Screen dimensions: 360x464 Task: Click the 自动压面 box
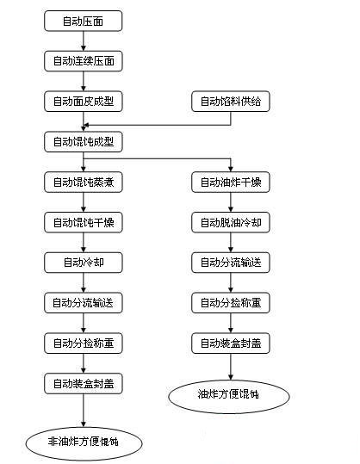pos(84,21)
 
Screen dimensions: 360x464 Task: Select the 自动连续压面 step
pos(84,61)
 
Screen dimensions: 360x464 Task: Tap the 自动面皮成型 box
pos(84,102)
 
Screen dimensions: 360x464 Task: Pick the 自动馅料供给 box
pos(231,102)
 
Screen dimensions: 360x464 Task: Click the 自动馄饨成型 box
pos(84,142)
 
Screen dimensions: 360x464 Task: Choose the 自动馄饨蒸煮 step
pos(84,182)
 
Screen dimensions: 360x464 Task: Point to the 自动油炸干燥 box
pos(231,182)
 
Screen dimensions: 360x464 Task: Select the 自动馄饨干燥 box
pos(84,222)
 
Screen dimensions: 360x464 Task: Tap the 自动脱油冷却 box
pos(231,222)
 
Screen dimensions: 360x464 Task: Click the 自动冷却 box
pos(84,263)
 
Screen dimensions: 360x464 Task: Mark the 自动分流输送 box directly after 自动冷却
pos(84,303)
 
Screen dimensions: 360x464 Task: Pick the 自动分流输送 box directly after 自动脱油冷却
pos(231,263)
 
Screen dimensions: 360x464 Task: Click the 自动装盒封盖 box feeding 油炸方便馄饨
pos(231,343)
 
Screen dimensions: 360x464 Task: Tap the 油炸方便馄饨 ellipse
pos(229,396)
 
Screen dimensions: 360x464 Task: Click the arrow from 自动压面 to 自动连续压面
pos(84,41)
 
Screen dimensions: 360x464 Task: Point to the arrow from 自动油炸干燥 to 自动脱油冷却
pos(231,202)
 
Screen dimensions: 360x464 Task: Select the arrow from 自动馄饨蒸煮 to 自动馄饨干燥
pos(84,202)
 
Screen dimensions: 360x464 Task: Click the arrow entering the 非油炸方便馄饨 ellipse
pos(84,411)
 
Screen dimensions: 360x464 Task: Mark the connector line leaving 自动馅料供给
pos(157,125)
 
